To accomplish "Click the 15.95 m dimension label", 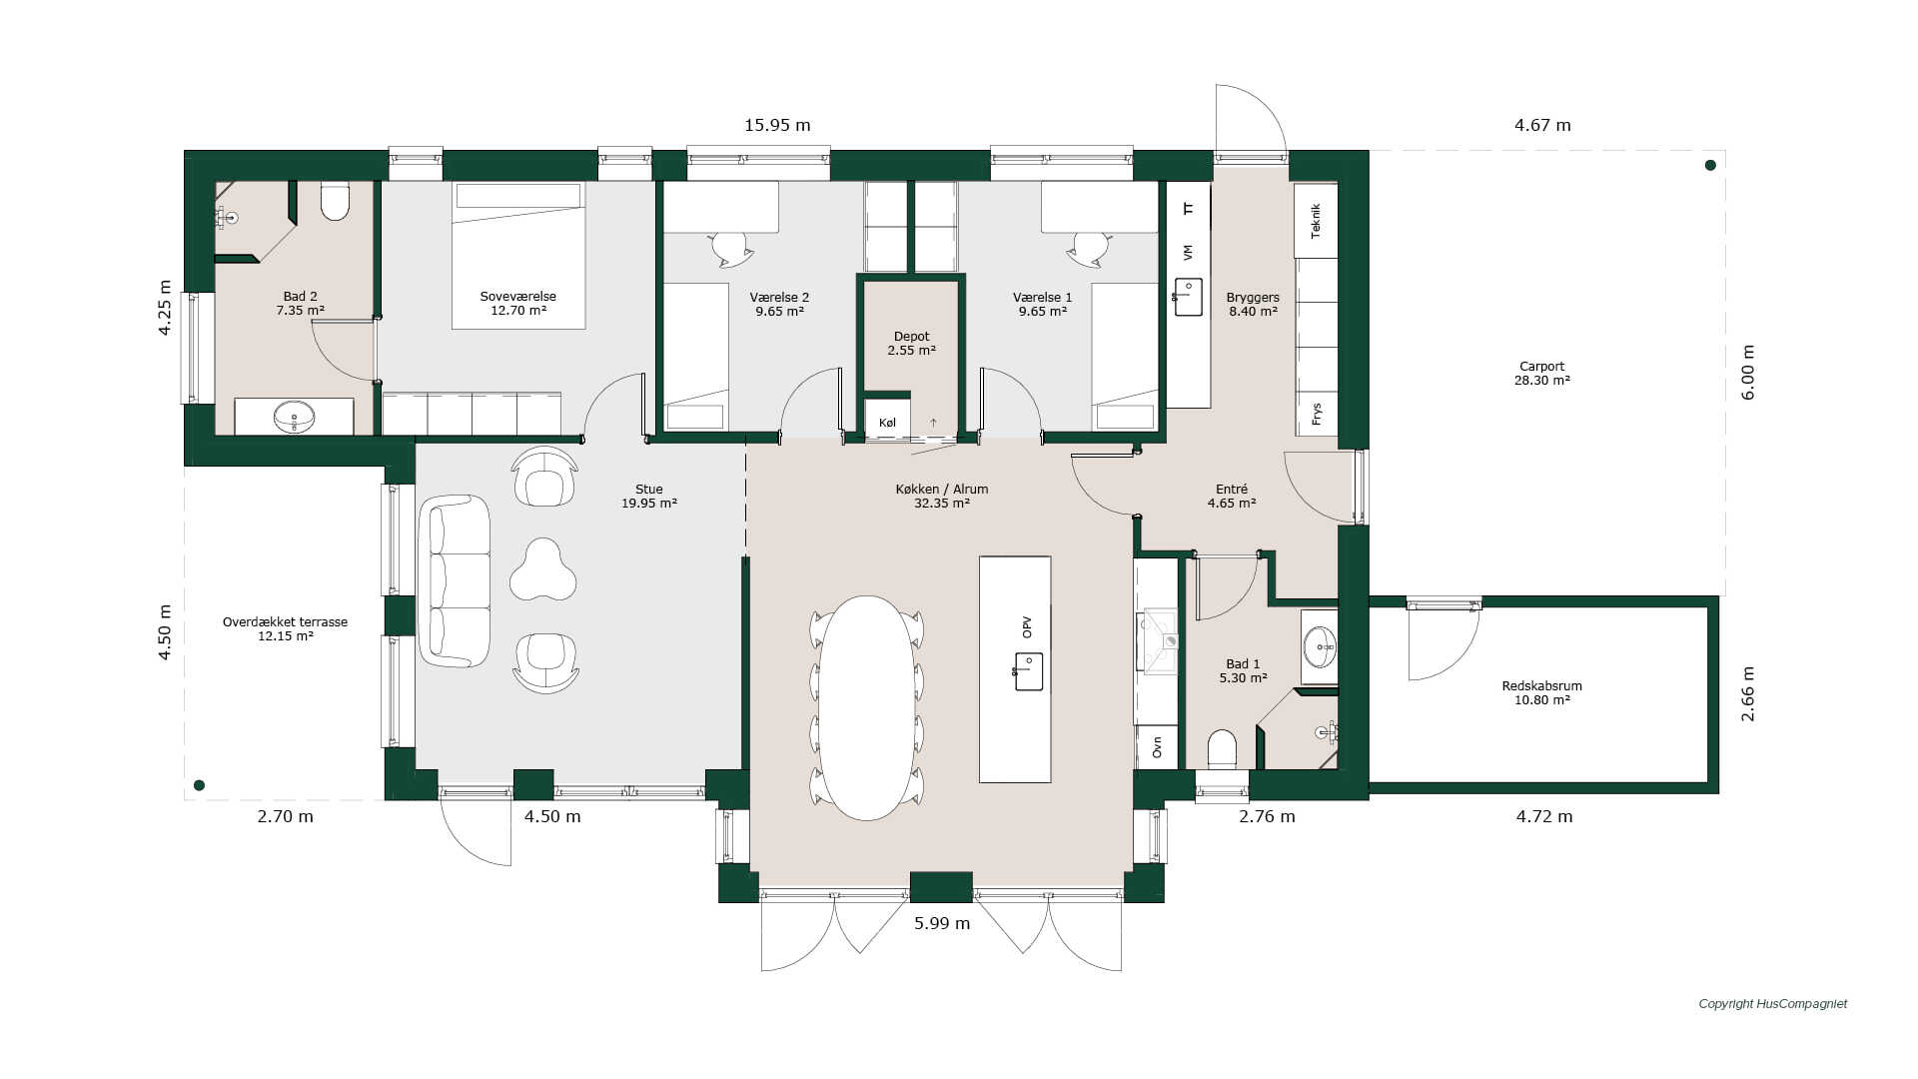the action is pos(777,125).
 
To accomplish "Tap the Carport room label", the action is pos(1541,366).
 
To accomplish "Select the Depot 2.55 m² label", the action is pos(911,344).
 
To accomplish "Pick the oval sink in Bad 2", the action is pos(294,417).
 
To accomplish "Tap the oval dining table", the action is pos(866,708).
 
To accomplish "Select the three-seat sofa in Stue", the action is pos(455,580).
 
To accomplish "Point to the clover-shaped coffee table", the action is pos(542,570).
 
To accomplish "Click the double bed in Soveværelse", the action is pos(517,255).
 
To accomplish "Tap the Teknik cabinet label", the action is pos(1316,221).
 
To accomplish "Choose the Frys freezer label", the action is pos(1317,414).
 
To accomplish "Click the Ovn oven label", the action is pos(1157,747).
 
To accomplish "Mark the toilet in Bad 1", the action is pos(1222,749).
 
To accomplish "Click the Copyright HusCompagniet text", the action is pos(1773,1004).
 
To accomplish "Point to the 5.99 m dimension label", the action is pos(942,923).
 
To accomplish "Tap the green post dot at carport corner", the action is pos(1710,165).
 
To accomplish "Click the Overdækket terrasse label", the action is pos(285,621).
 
